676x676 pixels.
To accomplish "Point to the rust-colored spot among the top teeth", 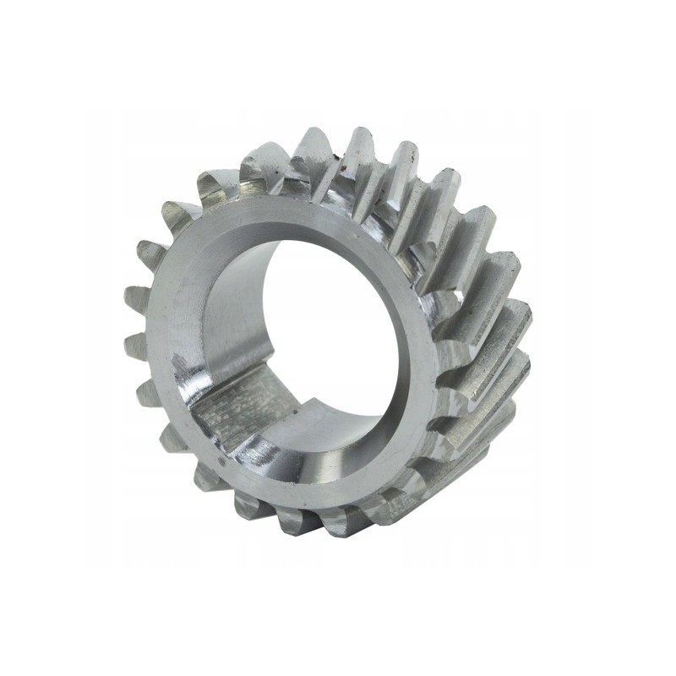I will (x=340, y=155).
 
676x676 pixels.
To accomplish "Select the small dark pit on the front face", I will (x=221, y=462).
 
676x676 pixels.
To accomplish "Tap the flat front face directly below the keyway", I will (x=279, y=473).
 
